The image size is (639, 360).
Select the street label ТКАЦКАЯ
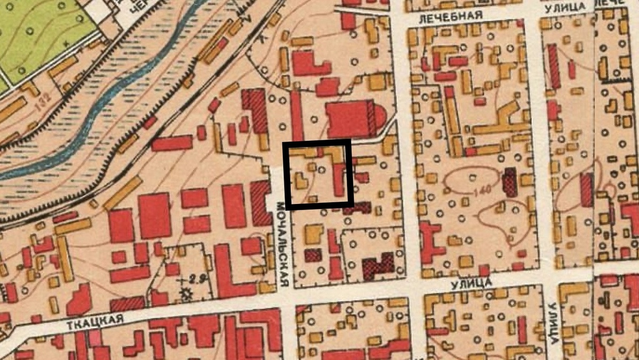click(x=95, y=320)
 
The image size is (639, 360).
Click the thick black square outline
click(x=319, y=143)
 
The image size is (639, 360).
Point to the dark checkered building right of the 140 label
click(x=510, y=182)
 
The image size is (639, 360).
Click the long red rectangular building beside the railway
click(x=171, y=143)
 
